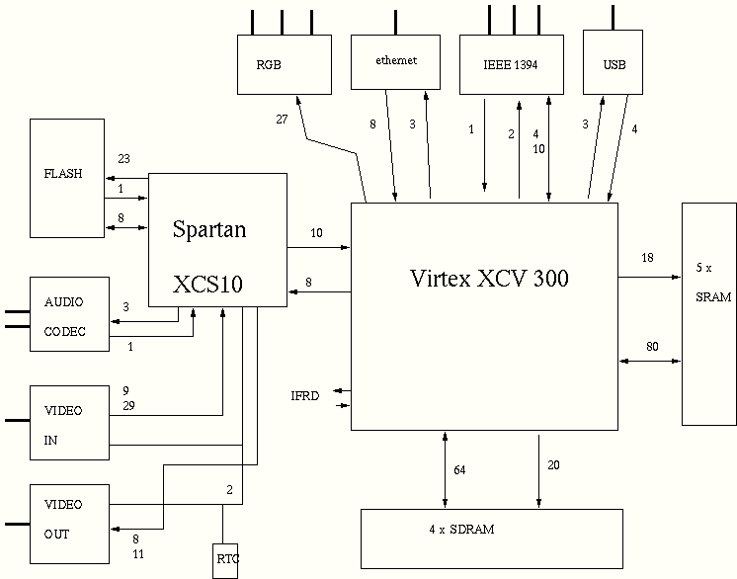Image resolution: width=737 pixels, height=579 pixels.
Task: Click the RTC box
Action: coord(226,560)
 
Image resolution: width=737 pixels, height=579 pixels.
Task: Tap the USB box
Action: coord(614,64)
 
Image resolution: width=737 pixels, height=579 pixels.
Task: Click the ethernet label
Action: coord(396,60)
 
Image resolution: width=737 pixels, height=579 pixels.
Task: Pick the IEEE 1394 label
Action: coord(511,65)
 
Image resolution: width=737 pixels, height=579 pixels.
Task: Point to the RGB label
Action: coord(269,65)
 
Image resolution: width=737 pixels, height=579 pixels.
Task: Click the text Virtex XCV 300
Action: coord(489,278)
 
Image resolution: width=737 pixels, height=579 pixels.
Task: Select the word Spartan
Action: coord(209,230)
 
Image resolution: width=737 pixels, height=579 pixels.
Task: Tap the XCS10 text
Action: coord(207,285)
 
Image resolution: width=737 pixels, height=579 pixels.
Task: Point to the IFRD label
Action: coord(305,396)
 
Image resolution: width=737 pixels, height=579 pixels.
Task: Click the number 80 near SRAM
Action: coord(652,346)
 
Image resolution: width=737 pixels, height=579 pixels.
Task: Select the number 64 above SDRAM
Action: coord(458,469)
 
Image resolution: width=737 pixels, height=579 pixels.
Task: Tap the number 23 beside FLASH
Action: coord(123,158)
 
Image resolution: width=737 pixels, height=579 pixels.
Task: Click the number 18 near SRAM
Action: coord(647,258)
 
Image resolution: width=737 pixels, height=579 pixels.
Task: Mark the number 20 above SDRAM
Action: coord(553,465)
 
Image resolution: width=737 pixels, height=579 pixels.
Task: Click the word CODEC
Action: coord(64,332)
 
